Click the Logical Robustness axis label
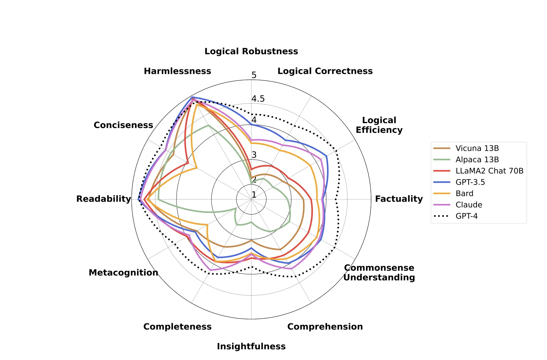[x=251, y=52]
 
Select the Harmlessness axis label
[x=178, y=71]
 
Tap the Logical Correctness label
[x=325, y=71]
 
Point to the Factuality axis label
[x=399, y=199]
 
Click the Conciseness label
[x=123, y=125]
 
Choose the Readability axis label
[x=104, y=199]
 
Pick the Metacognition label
[x=123, y=273]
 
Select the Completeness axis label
[x=178, y=327]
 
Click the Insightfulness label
[x=251, y=347]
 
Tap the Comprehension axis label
[x=325, y=327]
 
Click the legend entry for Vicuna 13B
[x=477, y=148]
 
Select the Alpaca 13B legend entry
[x=477, y=160]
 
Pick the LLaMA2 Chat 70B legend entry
[x=489, y=171]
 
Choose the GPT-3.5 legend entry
[x=470, y=182]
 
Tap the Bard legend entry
[x=464, y=193]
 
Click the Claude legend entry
[x=469, y=205]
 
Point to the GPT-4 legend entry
[x=466, y=216]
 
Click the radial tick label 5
[x=254, y=75]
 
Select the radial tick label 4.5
[x=258, y=99]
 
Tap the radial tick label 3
[x=254, y=155]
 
